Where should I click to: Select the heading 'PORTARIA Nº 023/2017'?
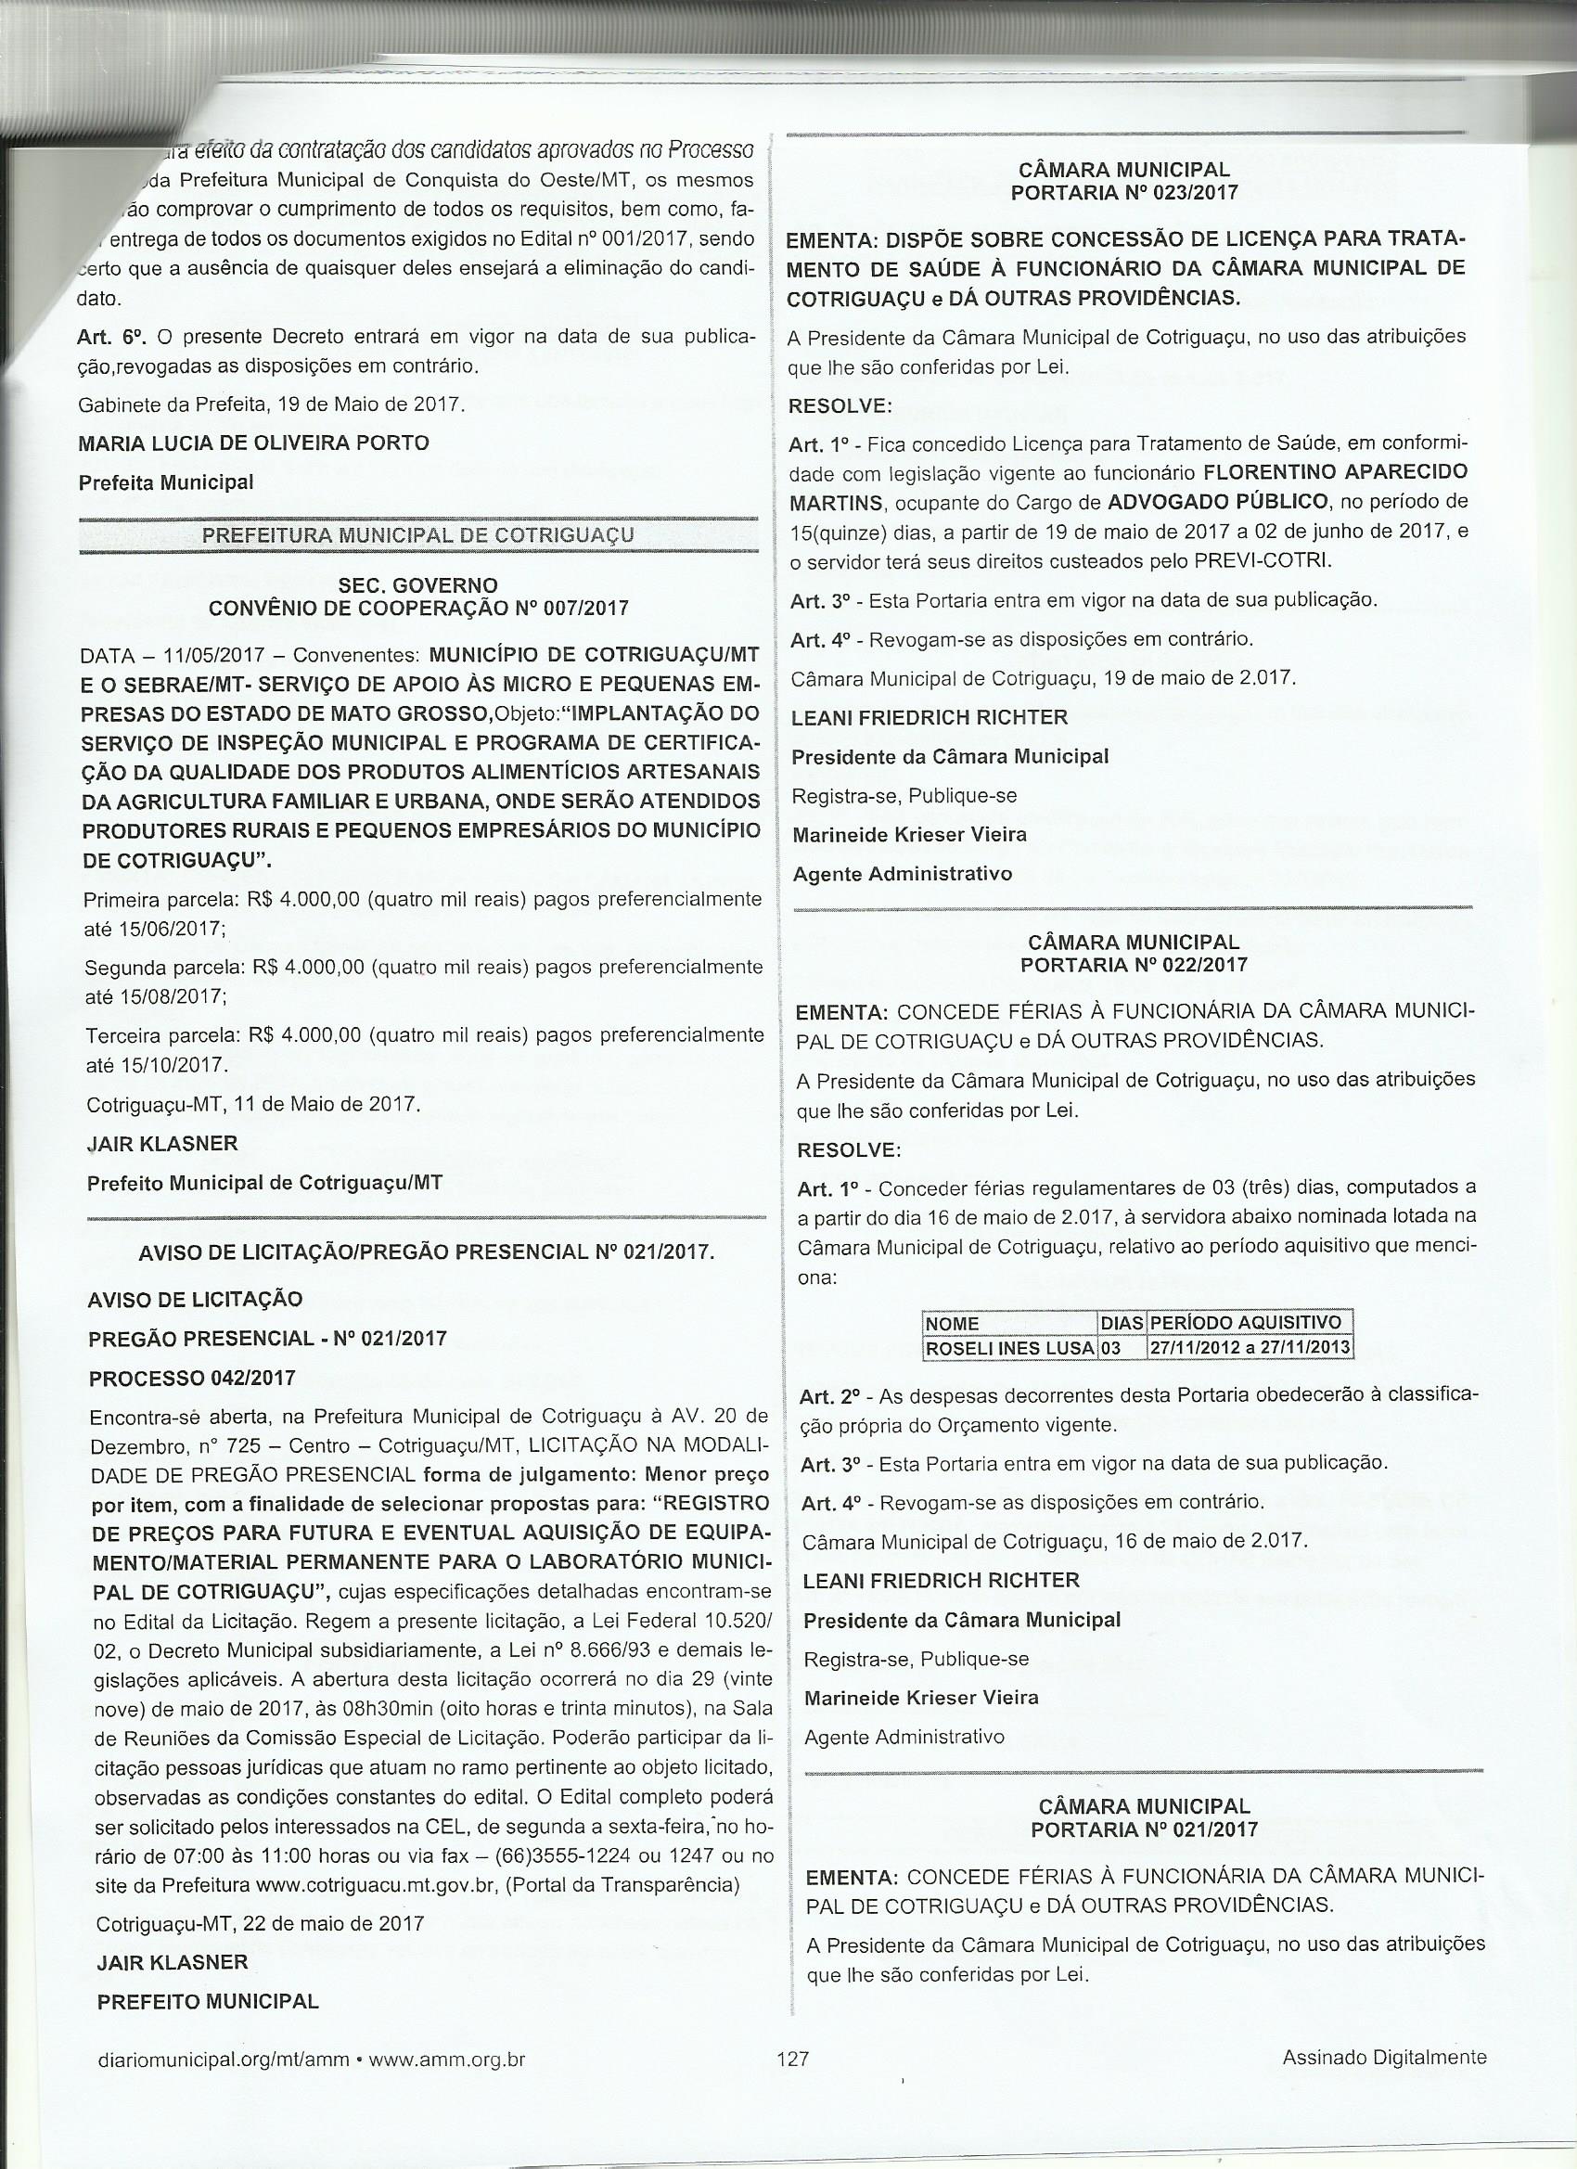tap(1123, 192)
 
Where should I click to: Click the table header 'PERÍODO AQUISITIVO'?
tap(1247, 1323)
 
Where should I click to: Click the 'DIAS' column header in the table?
tap(1122, 1323)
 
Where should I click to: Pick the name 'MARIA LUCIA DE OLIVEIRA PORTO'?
tap(253, 443)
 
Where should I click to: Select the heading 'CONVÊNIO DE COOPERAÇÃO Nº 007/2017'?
tap(418, 609)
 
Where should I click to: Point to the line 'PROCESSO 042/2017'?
tap(191, 1378)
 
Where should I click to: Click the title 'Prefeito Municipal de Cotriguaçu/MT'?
tap(265, 1183)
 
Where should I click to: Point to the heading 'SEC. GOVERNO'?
tap(418, 584)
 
